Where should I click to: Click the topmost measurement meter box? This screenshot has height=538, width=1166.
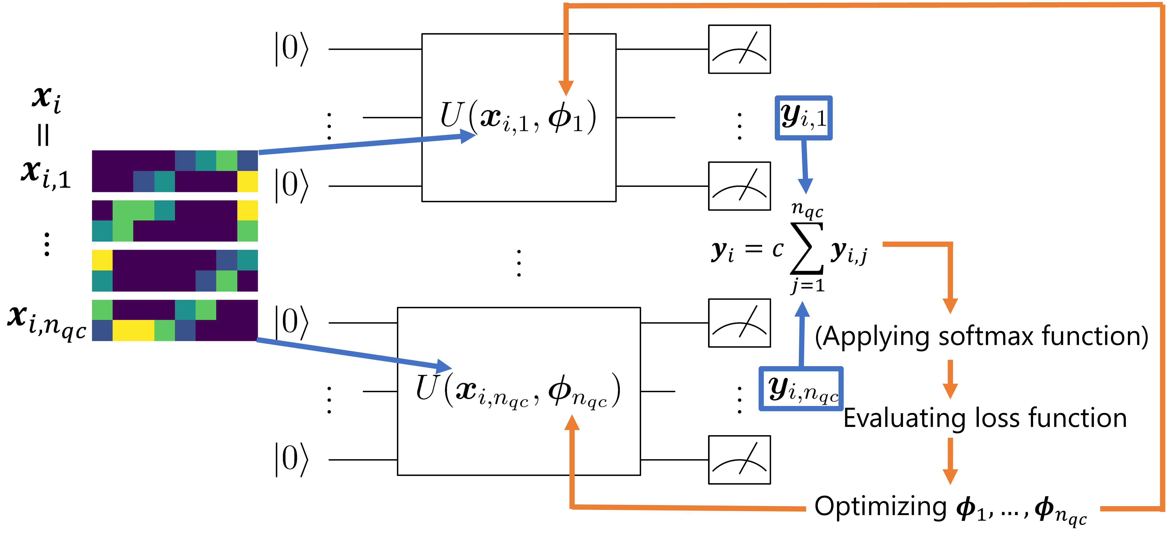point(739,49)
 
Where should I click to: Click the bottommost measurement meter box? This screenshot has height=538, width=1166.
point(739,460)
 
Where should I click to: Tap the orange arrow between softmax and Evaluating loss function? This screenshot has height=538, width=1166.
point(950,380)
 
